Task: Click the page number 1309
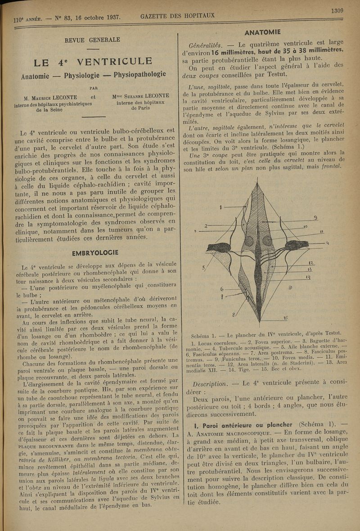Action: [337, 10]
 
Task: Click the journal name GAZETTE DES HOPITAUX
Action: [177, 16]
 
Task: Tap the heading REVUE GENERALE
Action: [92, 40]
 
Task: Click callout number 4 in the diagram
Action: [327, 243]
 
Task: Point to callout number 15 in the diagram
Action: [286, 317]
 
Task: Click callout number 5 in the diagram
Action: [203, 269]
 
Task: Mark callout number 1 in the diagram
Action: [221, 207]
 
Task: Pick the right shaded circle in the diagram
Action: [267, 241]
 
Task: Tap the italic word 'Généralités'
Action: [205, 45]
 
